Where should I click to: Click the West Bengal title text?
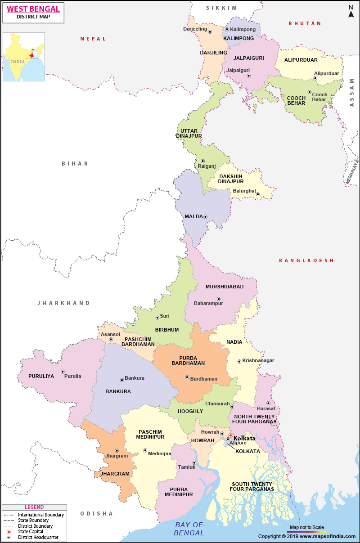33,9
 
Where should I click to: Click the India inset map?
24,57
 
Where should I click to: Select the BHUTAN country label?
305,23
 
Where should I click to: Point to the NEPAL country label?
93,39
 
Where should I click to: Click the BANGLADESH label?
306,260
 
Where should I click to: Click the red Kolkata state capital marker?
230,435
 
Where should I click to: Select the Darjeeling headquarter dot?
210,32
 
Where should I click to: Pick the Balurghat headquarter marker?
258,194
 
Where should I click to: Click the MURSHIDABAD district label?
224,287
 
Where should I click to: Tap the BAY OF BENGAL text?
189,529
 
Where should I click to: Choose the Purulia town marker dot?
63,372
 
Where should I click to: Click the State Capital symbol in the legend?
9,532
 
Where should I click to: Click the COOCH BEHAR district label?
296,101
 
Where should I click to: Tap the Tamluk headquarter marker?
194,462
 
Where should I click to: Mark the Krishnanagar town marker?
239,361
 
